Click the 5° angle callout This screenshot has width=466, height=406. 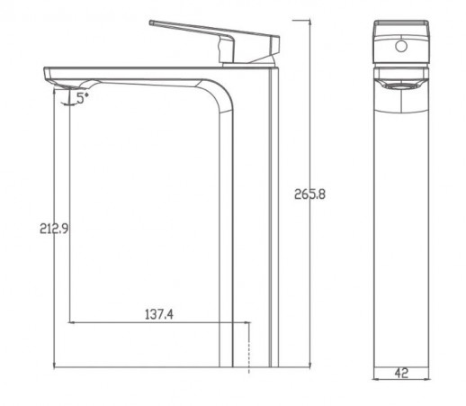click(83, 100)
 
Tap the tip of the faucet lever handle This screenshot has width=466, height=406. click(151, 21)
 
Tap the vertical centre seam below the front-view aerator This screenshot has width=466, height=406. click(397, 225)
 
